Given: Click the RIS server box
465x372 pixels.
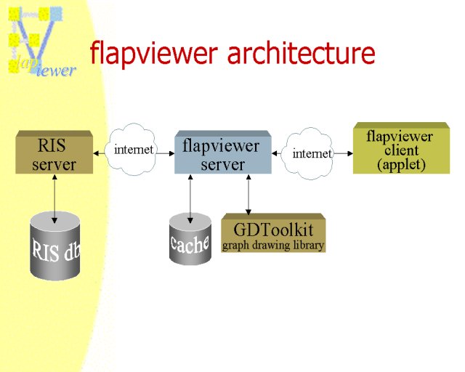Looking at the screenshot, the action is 54,152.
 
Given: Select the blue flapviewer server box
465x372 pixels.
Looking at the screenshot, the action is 223,152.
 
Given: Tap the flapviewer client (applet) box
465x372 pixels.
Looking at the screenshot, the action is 402,148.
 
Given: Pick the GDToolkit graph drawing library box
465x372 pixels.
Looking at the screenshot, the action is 273,233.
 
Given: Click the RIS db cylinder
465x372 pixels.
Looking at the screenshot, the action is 55,246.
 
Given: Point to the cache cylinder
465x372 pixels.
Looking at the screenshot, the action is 190,239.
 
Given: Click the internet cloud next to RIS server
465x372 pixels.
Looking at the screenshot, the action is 132,149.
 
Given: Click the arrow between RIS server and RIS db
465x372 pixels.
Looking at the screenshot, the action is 54,199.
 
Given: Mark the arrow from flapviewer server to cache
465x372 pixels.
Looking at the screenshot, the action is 190,199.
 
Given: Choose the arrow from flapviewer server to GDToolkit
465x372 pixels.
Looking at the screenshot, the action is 248,195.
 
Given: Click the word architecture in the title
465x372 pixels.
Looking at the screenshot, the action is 301,52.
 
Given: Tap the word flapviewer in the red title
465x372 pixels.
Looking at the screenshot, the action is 154,54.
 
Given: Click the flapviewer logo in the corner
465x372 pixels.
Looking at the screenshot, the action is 41,42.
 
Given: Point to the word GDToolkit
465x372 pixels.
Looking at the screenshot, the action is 273,230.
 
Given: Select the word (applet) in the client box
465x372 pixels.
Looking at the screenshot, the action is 401,165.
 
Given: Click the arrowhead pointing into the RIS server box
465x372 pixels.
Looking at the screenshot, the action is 97,153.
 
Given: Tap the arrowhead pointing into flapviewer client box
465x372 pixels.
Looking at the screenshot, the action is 350,153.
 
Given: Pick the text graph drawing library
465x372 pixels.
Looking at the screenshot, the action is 273,246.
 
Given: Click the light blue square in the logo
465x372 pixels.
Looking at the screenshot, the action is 56,14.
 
